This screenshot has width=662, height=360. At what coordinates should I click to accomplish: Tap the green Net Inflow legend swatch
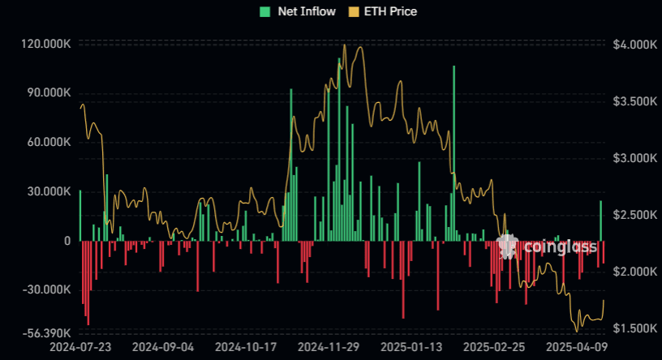pos(264,11)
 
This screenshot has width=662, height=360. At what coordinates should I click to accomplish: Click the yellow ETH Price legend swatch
pos(353,11)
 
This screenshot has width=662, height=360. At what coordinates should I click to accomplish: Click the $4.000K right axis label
pos(635,44)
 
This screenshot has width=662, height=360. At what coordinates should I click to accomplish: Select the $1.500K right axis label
pos(635,328)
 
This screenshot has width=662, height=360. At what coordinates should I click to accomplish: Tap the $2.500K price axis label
pos(635,215)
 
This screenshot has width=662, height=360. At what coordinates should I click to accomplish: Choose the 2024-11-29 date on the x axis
pos(329,347)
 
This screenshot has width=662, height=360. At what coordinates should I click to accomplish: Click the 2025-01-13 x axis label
pos(411,347)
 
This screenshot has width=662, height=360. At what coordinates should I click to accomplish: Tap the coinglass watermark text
pos(560,246)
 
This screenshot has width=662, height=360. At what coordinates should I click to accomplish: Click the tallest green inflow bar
pos(454,154)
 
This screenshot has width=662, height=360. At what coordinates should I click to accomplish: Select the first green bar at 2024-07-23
pos(80,216)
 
